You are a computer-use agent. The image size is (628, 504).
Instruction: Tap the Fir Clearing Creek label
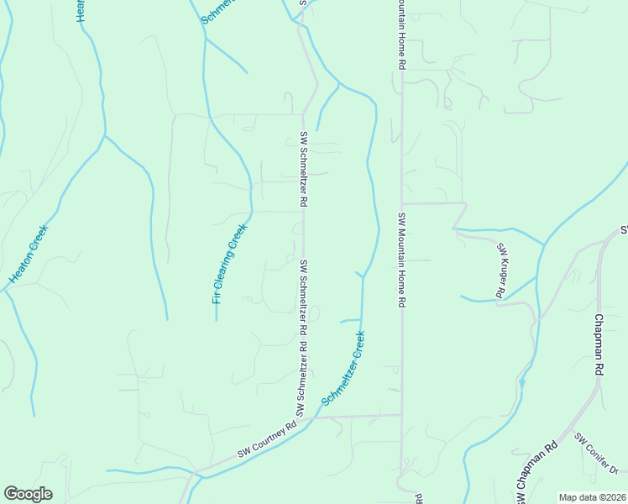[229, 264]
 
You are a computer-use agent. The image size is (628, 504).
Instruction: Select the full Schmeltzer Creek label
[343, 369]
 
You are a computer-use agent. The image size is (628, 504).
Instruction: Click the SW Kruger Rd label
[500, 270]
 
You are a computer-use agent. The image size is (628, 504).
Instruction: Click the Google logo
[28, 493]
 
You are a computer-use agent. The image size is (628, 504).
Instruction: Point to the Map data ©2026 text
[591, 497]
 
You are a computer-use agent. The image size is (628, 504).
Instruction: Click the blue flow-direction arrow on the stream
[522, 384]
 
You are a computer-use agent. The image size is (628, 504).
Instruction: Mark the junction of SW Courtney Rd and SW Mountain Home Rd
[401, 414]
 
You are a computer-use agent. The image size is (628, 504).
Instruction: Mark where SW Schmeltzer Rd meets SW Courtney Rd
[303, 420]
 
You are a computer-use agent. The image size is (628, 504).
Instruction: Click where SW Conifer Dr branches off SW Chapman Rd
[572, 429]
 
